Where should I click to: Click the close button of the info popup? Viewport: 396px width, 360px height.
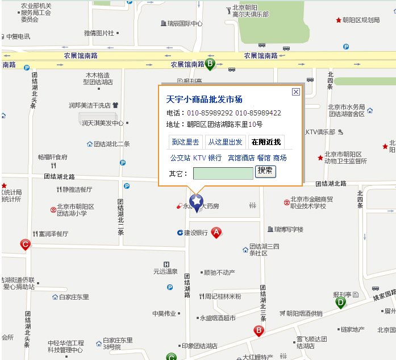tap(295, 92)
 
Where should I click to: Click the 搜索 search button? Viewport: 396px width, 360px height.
tap(265, 171)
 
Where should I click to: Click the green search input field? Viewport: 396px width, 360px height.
tap(223, 173)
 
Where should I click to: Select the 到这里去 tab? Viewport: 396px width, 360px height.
tap(186, 142)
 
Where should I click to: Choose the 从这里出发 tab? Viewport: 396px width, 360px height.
tap(225, 142)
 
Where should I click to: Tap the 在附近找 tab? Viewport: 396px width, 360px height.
tap(266, 142)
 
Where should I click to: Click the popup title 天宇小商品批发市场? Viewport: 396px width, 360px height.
tap(204, 100)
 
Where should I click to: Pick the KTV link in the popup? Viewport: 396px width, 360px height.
tap(199, 158)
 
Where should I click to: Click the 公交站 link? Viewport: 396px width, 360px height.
tap(181, 158)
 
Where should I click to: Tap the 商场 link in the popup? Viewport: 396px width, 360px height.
tap(280, 158)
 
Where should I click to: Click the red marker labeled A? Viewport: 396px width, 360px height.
tap(216, 232)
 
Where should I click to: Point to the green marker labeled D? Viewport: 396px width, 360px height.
tap(340, 303)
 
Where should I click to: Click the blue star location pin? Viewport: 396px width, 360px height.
tap(197, 202)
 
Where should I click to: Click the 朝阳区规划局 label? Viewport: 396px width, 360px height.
tap(361, 20)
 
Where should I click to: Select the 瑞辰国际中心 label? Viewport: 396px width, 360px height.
tap(185, 24)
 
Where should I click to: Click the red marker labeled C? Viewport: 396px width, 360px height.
tap(25, 245)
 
